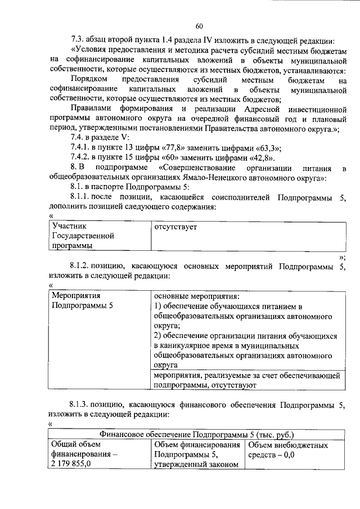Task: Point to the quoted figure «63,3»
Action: tap(266, 148)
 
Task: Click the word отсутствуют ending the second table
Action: tap(233, 386)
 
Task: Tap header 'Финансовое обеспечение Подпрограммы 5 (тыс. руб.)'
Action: tap(196, 435)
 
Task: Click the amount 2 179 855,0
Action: tap(71, 464)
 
